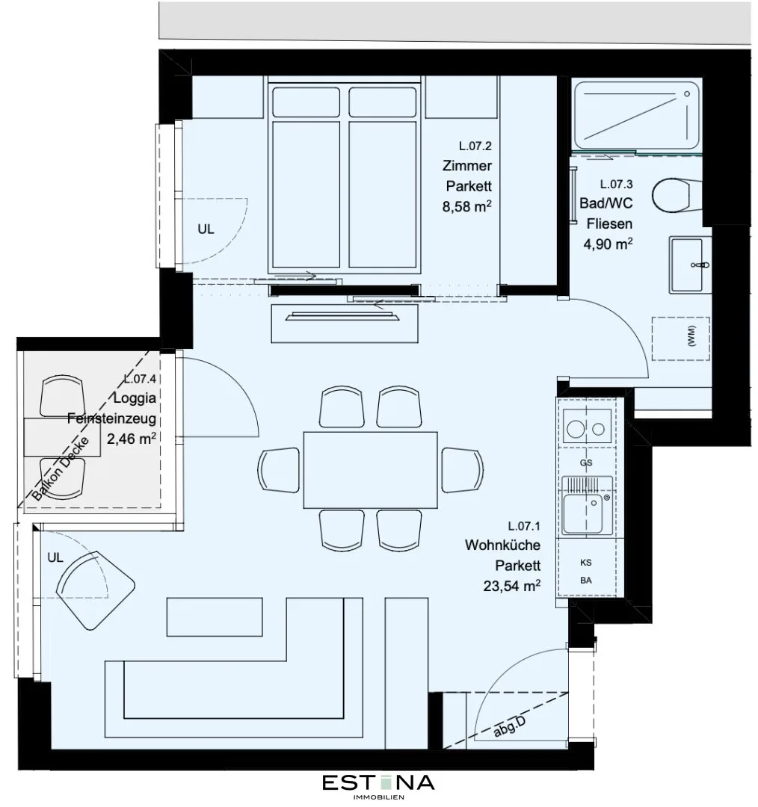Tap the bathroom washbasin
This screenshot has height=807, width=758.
(x=690, y=265)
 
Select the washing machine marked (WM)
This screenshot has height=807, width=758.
(x=681, y=338)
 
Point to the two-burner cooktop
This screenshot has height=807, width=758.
(x=587, y=426)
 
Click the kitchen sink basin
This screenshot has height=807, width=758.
(x=583, y=513)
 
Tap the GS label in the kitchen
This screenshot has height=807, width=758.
(x=586, y=463)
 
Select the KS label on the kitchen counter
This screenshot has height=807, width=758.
(x=586, y=563)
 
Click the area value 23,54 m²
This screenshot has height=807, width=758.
(x=512, y=586)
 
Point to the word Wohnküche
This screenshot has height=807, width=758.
(x=502, y=545)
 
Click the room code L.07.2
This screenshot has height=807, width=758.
(x=475, y=146)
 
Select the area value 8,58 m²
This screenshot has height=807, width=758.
(x=466, y=206)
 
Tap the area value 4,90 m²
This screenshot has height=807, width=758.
(x=608, y=244)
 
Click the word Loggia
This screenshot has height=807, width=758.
(x=135, y=398)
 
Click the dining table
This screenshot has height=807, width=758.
(x=370, y=470)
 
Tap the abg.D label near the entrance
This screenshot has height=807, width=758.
(x=509, y=727)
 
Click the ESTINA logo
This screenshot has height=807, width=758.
(x=378, y=786)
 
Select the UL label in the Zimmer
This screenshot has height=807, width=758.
(x=206, y=229)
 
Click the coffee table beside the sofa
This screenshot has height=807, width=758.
(x=215, y=616)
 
